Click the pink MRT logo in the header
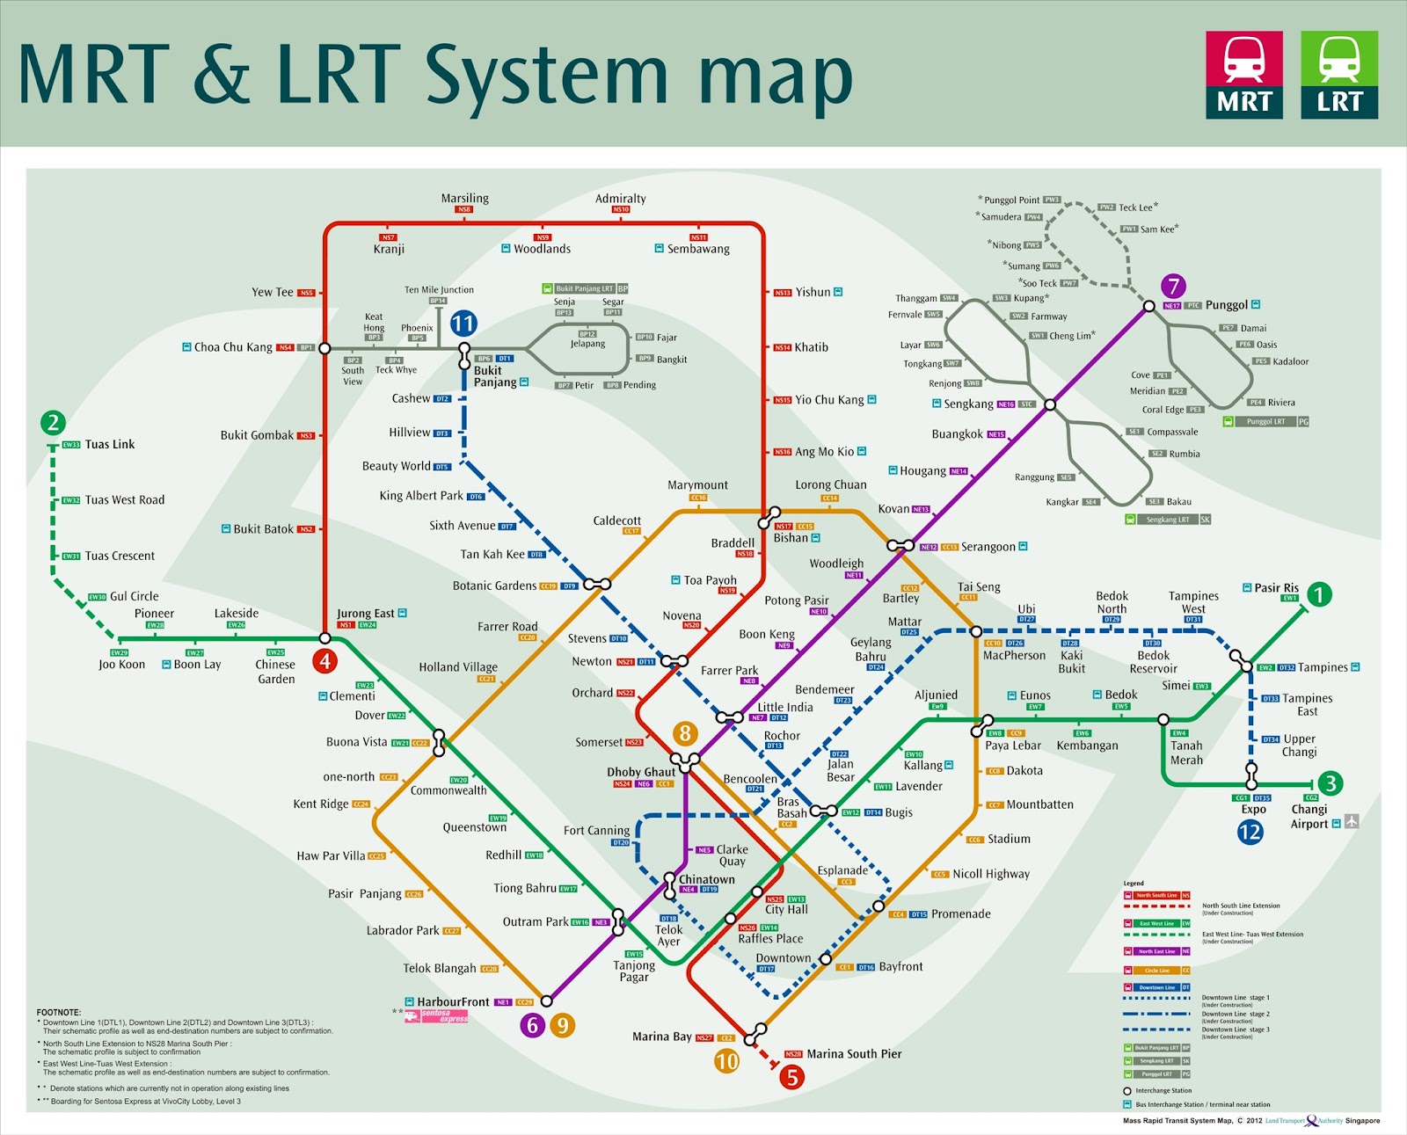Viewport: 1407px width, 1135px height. click(x=1243, y=75)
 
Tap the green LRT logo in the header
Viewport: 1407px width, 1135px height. click(x=1339, y=75)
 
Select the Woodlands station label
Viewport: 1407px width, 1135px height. click(x=542, y=249)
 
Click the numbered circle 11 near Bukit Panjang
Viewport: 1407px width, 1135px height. click(x=463, y=324)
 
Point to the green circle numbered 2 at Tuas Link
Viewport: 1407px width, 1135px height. click(x=53, y=423)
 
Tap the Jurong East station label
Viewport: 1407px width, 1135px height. click(x=365, y=614)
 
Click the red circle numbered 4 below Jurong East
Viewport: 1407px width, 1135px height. click(x=325, y=661)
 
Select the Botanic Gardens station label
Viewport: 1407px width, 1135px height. click(x=494, y=586)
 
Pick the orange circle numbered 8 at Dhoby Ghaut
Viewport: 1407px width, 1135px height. click(x=685, y=732)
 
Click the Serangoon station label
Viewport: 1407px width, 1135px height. click(x=988, y=547)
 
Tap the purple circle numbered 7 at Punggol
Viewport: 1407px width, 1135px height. click(x=1173, y=286)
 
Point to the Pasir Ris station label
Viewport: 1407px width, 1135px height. click(x=1276, y=588)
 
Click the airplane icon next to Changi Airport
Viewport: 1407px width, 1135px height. click(x=1352, y=821)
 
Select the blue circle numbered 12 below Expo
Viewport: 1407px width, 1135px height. click(x=1250, y=832)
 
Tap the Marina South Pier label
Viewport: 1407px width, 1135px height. click(x=854, y=1054)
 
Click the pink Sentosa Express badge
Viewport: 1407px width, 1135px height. click(x=444, y=1016)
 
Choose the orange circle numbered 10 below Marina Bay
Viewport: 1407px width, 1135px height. click(x=726, y=1061)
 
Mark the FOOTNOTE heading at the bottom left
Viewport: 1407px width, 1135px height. click(x=59, y=1013)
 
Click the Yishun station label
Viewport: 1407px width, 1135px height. click(x=813, y=292)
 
